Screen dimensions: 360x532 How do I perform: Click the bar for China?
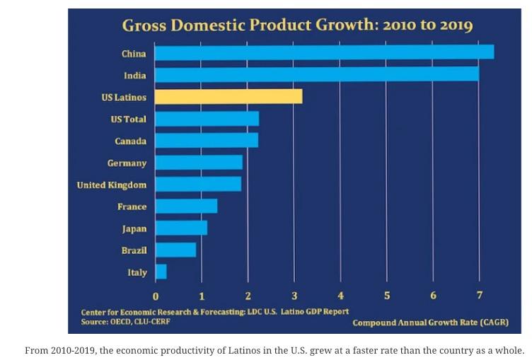tap(324, 52)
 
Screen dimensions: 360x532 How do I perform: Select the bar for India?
tap(317, 74)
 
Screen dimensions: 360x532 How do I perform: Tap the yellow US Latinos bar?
tap(229, 96)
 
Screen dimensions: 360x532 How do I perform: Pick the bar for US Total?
tap(207, 118)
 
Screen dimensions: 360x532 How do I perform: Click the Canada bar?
tap(207, 140)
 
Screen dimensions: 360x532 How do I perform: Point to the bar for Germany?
tap(199, 162)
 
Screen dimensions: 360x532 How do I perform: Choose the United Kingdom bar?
tap(198, 184)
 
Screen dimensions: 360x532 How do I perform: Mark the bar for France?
tap(186, 206)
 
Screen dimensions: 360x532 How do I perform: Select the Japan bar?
tap(181, 228)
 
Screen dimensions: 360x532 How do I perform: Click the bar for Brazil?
tap(175, 250)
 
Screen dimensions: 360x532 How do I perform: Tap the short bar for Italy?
tap(161, 272)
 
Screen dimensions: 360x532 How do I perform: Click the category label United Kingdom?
tap(112, 185)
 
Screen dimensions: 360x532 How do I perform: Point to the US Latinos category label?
tap(124, 97)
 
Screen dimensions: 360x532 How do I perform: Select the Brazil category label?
tap(134, 250)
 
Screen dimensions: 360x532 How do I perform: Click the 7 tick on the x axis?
tap(480, 295)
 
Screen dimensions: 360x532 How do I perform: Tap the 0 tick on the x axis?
tap(156, 295)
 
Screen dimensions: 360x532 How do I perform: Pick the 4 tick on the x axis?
tap(341, 295)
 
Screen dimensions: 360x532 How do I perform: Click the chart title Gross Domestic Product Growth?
tap(297, 26)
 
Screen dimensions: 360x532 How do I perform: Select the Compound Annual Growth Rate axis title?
tap(430, 323)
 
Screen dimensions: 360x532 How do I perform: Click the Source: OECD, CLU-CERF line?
tap(125, 321)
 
